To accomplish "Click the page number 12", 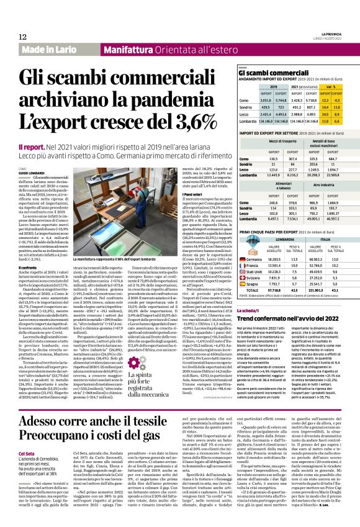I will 23,37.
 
